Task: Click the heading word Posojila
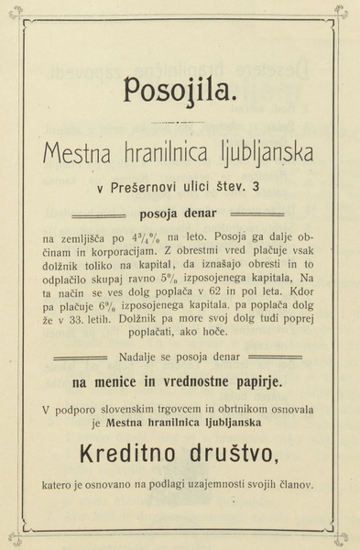[x=180, y=90]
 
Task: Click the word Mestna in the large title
[x=80, y=152]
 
